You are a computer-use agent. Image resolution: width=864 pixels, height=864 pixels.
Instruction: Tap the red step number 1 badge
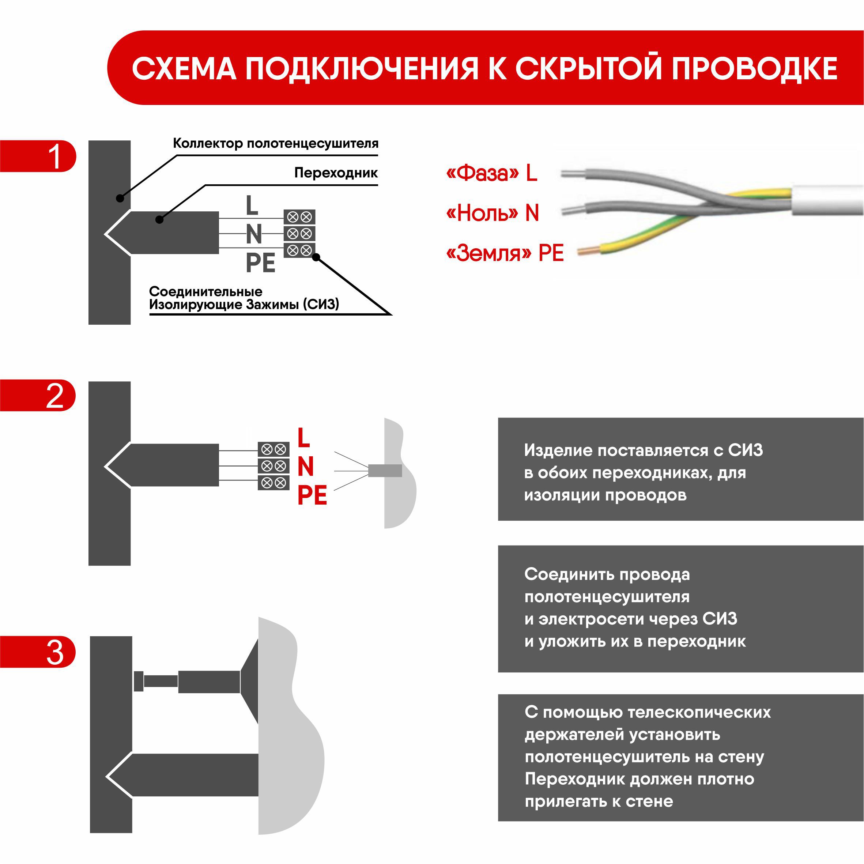54,156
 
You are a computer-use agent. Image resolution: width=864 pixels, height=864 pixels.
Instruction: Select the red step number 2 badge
54,395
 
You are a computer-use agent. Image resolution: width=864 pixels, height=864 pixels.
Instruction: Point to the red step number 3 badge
54,652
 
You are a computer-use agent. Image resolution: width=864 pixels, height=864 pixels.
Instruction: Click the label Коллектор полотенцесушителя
275,144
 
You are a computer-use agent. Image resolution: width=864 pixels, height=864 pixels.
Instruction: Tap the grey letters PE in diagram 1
260,263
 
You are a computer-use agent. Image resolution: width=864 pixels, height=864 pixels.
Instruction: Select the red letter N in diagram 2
305,467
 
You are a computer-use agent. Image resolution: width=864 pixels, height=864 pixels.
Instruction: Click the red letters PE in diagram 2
312,495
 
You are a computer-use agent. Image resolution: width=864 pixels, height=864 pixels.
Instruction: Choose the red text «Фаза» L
491,173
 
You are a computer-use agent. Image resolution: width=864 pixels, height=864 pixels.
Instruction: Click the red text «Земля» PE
505,253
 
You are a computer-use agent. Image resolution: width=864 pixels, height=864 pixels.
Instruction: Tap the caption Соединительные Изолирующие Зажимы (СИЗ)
244,298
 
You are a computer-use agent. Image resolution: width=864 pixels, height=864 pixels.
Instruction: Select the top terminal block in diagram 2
273,449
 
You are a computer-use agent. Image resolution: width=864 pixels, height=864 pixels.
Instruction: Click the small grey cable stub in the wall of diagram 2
385,471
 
